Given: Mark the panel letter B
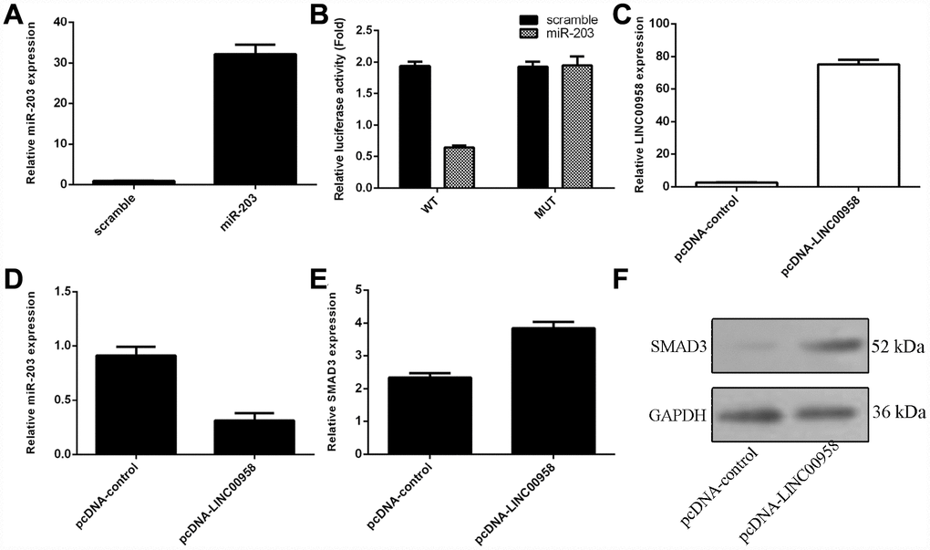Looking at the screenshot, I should point(318,16).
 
